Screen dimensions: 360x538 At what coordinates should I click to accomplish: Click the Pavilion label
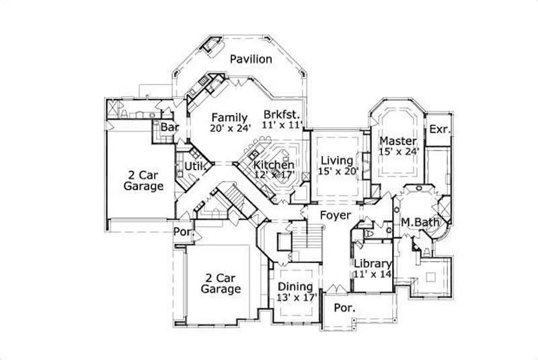click(x=251, y=59)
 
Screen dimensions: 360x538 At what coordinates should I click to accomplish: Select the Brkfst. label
click(x=281, y=113)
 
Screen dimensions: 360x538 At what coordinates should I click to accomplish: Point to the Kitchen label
click(x=274, y=165)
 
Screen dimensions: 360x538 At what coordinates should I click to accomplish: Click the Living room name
click(x=336, y=160)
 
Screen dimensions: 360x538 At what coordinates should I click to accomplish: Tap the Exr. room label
click(x=439, y=129)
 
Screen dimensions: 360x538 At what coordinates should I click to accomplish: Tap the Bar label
click(x=168, y=127)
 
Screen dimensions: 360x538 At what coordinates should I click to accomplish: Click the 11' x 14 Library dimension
click(x=373, y=274)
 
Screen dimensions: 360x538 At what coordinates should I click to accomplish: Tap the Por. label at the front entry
click(x=344, y=308)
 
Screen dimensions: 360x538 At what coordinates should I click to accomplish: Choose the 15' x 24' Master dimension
click(x=399, y=153)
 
